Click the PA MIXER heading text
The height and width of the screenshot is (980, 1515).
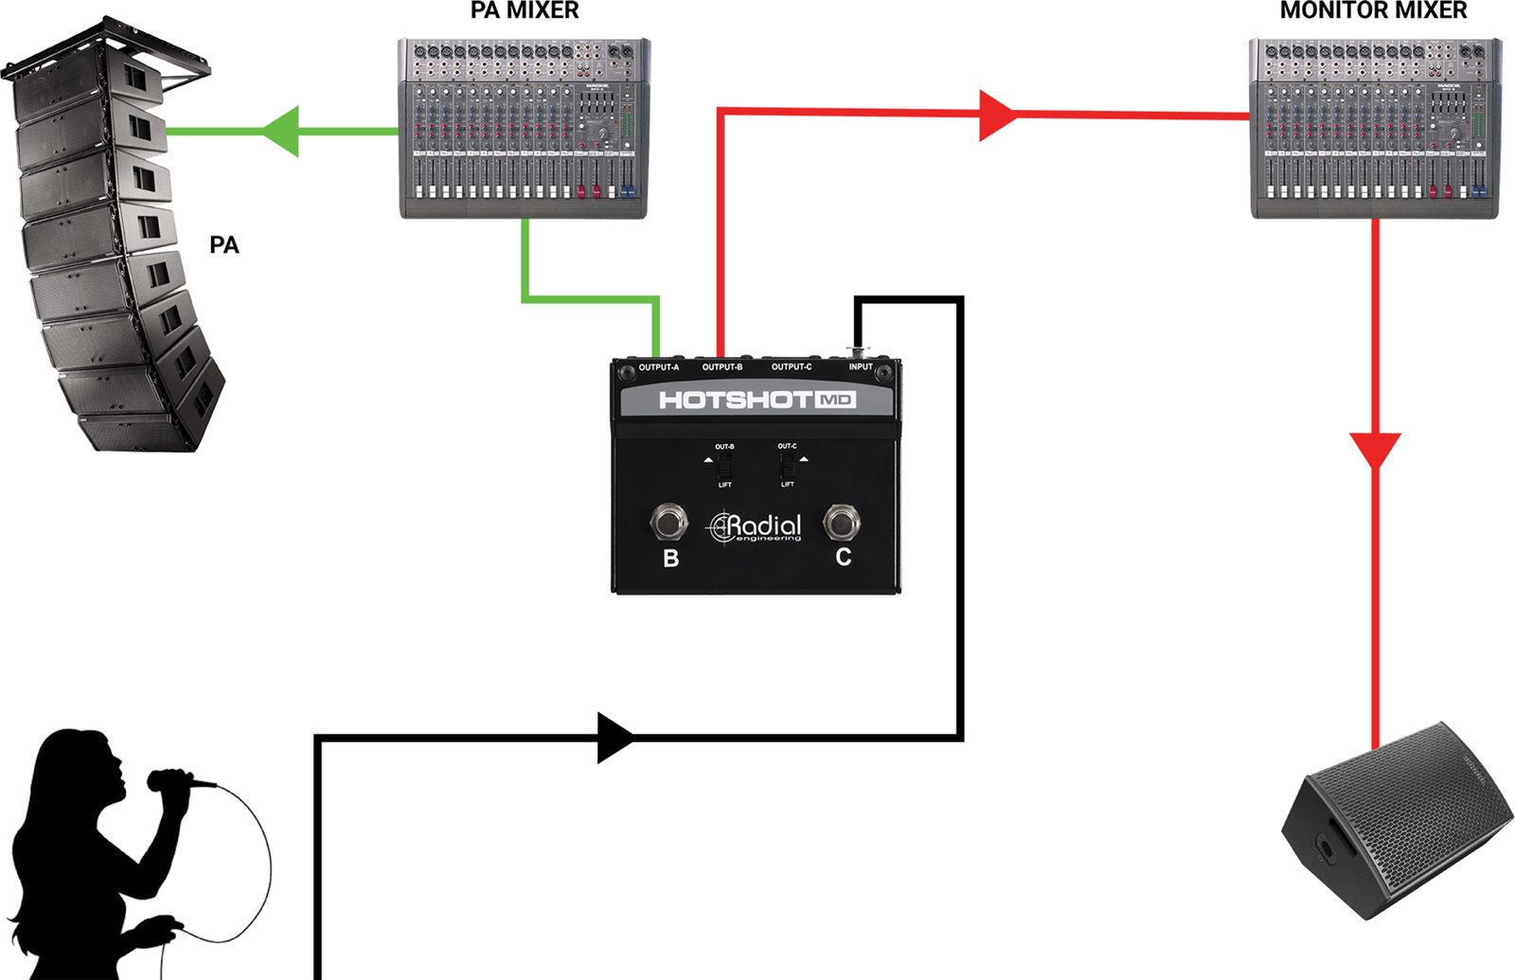[524, 11]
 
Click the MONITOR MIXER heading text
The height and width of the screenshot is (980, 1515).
[1373, 11]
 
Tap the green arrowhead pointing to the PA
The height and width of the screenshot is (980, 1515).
[282, 131]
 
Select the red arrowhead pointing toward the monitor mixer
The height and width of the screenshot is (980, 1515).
[996, 116]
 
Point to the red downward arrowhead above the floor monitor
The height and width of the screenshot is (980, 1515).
[1375, 449]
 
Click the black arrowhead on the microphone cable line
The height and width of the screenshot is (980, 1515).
[615, 738]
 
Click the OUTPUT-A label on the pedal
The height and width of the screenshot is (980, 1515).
[658, 367]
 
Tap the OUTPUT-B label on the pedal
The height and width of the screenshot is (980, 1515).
[722, 367]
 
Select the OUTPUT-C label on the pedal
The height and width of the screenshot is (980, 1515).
[791, 367]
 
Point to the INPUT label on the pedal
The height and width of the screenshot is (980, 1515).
[860, 367]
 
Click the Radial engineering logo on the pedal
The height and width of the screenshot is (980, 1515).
[756, 527]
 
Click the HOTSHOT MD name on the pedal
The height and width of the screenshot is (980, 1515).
[757, 400]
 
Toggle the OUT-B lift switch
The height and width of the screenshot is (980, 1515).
[724, 466]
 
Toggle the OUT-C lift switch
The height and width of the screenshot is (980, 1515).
[787, 466]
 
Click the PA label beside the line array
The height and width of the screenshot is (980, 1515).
[223, 245]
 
